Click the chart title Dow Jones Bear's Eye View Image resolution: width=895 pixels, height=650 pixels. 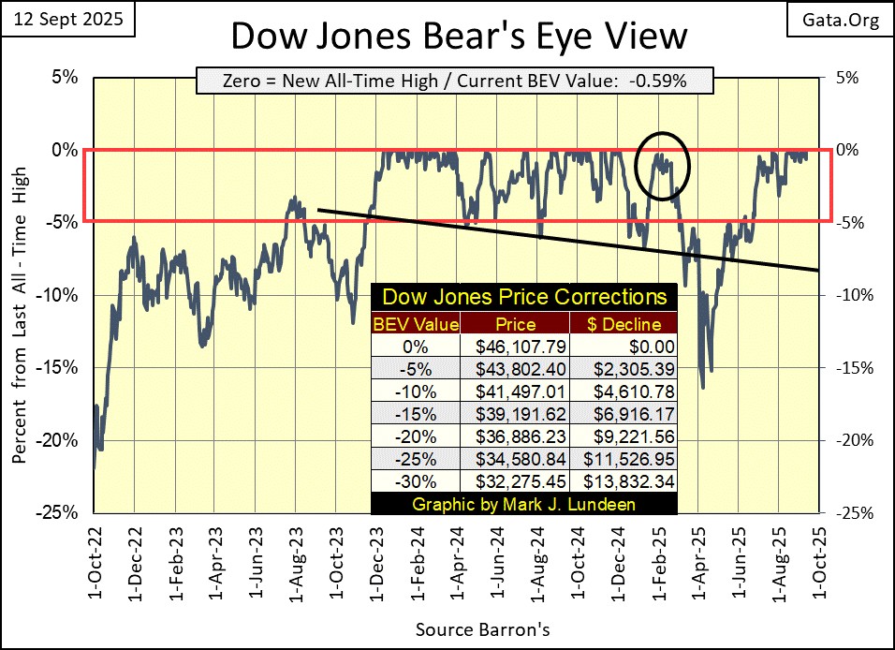point(458,37)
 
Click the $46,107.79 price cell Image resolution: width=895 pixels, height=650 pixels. point(516,346)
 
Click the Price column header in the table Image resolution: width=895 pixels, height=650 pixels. point(516,324)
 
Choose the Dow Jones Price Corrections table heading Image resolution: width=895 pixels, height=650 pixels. point(523,299)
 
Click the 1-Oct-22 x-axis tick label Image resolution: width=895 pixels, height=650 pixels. point(94,558)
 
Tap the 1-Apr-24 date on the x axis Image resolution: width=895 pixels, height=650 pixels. point(456,558)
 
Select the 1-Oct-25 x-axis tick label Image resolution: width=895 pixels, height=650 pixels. point(819,558)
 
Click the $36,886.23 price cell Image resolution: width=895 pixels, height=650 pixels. point(516,436)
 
